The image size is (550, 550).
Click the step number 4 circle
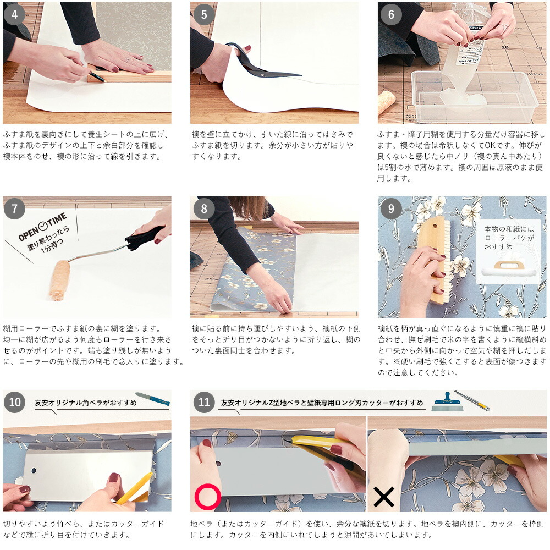14,15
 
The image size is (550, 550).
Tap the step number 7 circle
14,208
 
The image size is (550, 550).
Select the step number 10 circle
14,403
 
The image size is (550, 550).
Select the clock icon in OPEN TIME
43,226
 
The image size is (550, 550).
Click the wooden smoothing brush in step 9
435,260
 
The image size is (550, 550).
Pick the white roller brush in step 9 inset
508,269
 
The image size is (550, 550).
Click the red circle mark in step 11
208,497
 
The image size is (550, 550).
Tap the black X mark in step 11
384,497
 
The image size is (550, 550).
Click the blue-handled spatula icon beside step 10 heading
152,399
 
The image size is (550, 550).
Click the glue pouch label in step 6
469,53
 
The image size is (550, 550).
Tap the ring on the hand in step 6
503,27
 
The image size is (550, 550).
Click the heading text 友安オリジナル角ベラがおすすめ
86,403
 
